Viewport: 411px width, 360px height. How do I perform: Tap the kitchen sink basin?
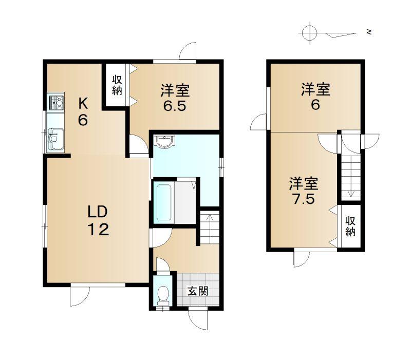(x=55, y=139)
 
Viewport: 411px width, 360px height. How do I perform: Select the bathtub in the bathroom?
(x=164, y=202)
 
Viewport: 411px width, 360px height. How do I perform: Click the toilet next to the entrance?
(x=164, y=295)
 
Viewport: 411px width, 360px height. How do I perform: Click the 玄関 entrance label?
(x=198, y=291)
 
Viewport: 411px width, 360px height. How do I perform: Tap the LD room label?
(x=98, y=212)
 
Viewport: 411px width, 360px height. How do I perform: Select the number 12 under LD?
(x=98, y=229)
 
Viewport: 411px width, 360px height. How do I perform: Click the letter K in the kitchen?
(x=83, y=104)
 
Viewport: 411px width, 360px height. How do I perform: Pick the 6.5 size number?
(x=175, y=106)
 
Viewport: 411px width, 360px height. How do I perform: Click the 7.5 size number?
(x=303, y=199)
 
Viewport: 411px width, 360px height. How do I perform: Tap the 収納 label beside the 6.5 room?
(x=117, y=85)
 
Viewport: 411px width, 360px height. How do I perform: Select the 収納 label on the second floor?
(x=350, y=226)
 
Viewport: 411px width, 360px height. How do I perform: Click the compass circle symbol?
(x=310, y=33)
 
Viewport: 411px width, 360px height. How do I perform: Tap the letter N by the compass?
(x=369, y=32)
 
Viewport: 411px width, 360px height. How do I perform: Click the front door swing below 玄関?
(x=198, y=320)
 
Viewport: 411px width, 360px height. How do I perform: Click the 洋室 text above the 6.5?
(x=175, y=90)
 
